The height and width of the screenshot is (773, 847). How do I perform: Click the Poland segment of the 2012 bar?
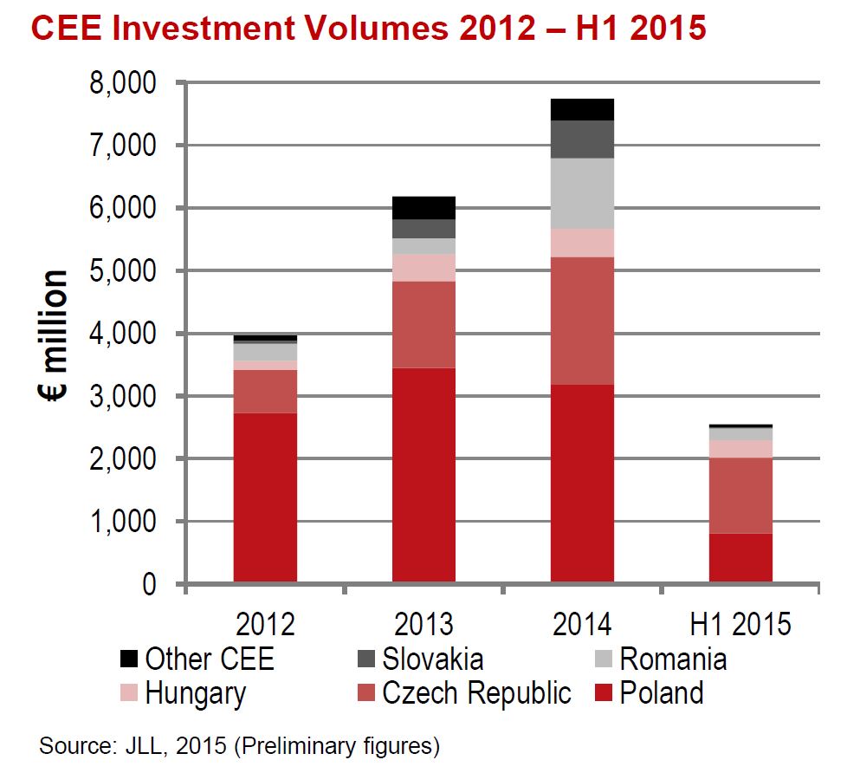(x=265, y=497)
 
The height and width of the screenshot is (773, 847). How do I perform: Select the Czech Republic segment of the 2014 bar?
(x=582, y=321)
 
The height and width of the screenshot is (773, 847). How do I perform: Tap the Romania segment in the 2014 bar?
(x=582, y=193)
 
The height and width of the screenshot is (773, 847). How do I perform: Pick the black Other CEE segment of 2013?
(x=423, y=207)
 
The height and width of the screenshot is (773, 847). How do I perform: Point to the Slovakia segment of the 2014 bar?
(x=582, y=139)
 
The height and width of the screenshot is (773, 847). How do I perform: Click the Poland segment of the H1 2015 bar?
(x=740, y=557)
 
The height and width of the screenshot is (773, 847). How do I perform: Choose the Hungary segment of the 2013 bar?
(x=423, y=268)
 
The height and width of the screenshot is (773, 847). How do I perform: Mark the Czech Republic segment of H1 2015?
(x=740, y=495)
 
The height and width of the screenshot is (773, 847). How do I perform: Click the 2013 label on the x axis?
(x=423, y=624)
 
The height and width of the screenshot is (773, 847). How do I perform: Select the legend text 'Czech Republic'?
(x=476, y=693)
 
